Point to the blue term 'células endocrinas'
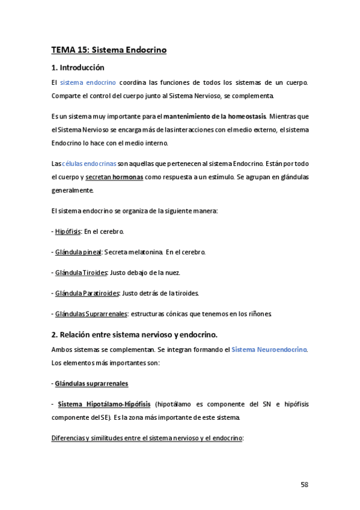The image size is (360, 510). pos(89,164)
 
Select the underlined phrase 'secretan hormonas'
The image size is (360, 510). pos(114,177)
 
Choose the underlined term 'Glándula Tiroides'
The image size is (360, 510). pos(81,272)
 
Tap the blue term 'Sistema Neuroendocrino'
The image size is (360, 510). pos(269,349)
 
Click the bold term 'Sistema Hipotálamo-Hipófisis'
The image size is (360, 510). pos(105,404)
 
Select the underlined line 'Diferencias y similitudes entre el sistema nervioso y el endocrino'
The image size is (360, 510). pos(147,438)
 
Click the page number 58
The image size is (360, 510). pos(304,485)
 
